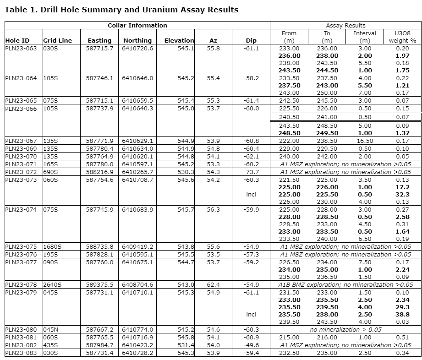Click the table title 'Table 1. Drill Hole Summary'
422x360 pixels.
121,10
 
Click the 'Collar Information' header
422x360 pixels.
137,26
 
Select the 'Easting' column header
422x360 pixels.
99,40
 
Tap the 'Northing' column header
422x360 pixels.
137,40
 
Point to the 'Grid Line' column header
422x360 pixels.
58,40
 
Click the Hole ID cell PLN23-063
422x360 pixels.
21,48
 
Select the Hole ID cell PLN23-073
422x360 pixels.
21,180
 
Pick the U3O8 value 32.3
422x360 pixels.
402,194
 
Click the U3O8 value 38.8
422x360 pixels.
402,314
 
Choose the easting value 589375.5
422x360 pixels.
99,284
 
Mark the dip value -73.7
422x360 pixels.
251,172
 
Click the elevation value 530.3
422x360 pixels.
186,172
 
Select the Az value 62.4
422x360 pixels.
213,284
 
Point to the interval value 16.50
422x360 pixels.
365,141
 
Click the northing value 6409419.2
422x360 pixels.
137,246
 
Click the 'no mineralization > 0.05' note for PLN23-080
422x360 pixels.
345,329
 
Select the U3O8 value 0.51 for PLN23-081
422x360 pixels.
402,337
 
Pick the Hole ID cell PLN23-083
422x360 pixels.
21,353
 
